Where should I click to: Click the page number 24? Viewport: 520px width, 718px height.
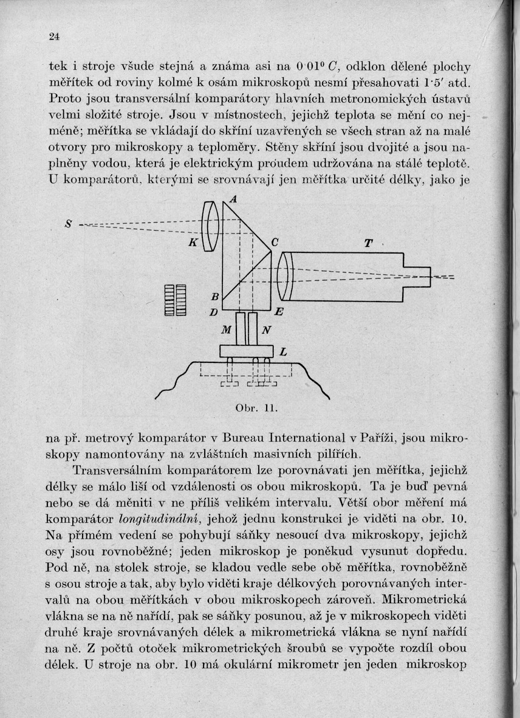tap(54, 36)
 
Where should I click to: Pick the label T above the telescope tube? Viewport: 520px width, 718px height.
tap(368, 243)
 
